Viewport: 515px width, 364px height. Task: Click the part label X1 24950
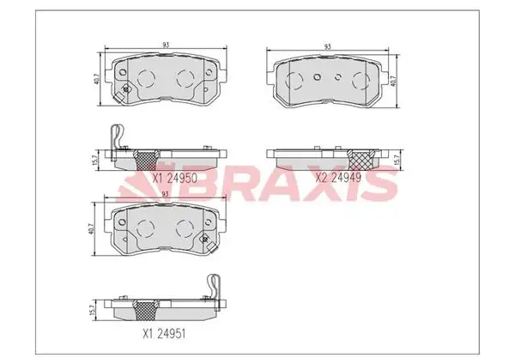click(175, 178)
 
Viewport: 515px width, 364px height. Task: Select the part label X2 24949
click(338, 178)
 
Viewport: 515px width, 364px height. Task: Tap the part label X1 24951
click(164, 334)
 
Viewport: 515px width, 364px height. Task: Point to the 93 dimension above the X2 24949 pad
click(328, 46)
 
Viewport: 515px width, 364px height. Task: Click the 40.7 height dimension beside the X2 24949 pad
click(393, 81)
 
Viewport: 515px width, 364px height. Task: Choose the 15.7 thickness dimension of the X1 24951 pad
click(93, 310)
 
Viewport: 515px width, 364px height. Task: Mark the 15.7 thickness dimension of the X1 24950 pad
click(95, 161)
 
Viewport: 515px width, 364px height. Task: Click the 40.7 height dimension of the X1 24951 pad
click(91, 228)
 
